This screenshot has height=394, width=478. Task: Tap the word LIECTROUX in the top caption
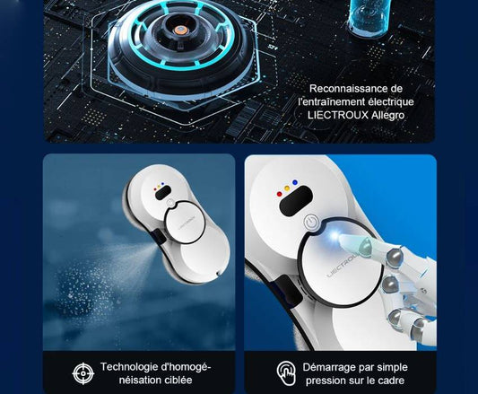click(338, 116)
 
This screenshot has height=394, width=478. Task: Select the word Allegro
click(388, 116)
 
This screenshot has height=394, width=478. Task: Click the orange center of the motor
click(180, 30)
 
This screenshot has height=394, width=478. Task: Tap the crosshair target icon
click(83, 373)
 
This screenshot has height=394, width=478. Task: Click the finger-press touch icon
click(286, 373)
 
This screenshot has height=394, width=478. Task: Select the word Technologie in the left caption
click(130, 366)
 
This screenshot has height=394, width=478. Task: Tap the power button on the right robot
click(311, 223)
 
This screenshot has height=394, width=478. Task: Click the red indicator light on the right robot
click(279, 194)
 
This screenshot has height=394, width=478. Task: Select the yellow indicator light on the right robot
click(287, 188)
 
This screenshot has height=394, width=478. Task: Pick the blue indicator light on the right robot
click(295, 182)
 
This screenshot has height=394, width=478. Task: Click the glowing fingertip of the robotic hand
click(336, 236)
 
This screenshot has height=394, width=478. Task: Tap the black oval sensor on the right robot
click(295, 202)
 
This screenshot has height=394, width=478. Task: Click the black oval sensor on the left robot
click(163, 193)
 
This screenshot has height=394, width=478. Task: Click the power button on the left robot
click(170, 203)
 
